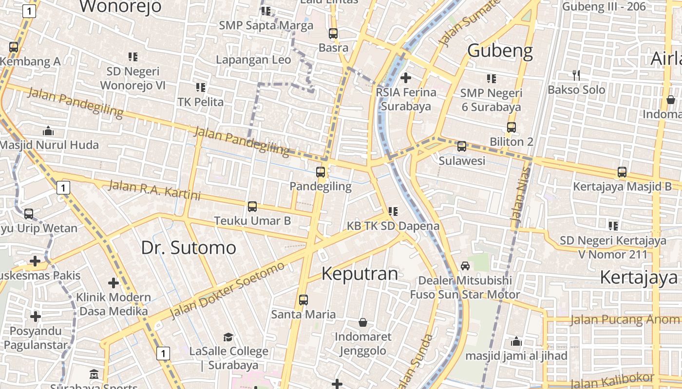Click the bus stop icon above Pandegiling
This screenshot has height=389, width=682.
click(321, 172)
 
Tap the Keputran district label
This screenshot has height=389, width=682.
click(360, 274)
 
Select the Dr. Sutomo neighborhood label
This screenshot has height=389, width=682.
click(189, 248)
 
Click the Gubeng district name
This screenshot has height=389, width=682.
click(500, 51)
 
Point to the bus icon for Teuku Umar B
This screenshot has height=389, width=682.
click(252, 207)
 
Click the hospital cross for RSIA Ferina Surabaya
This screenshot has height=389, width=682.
click(405, 78)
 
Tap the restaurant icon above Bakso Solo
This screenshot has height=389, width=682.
click(576, 75)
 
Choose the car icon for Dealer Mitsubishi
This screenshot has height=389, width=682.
click(465, 266)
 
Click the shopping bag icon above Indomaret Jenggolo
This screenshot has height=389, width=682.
click(363, 322)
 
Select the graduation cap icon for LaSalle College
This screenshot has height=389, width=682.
click(228, 337)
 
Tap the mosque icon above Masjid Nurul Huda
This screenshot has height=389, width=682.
click(48, 131)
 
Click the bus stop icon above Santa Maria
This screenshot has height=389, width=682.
click(303, 300)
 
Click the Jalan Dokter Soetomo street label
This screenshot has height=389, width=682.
click(227, 290)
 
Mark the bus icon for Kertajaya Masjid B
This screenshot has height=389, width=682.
click(622, 172)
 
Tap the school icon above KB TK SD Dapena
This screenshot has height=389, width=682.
click(393, 212)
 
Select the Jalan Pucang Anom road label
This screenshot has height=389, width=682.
click(625, 319)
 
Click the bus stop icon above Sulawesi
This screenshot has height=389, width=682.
click(462, 146)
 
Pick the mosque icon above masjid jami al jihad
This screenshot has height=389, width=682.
click(516, 341)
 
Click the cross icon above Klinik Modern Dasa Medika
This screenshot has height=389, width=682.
click(114, 283)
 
